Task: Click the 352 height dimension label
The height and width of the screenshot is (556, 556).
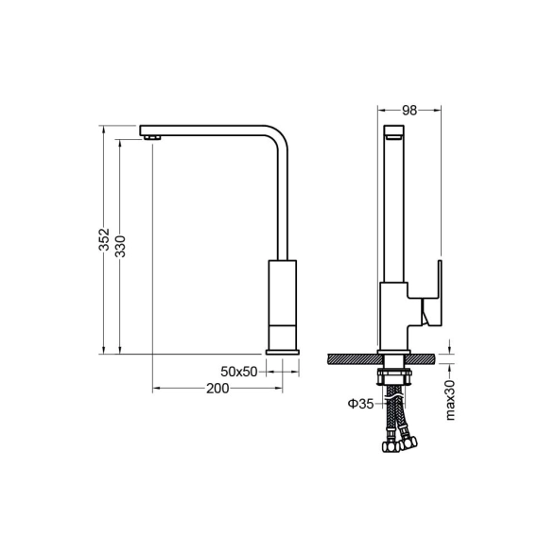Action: click(x=104, y=240)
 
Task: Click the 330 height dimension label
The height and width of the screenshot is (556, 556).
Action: click(x=121, y=246)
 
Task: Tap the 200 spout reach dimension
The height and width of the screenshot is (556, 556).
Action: click(x=217, y=389)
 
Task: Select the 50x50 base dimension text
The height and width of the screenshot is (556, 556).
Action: click(x=238, y=372)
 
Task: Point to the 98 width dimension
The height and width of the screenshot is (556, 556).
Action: click(x=409, y=111)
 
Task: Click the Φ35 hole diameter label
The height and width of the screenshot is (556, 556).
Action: click(x=360, y=404)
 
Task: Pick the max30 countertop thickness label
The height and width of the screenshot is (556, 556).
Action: click(x=450, y=400)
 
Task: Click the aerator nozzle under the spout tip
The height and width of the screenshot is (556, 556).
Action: click(x=152, y=138)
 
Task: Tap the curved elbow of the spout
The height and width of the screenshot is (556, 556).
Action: click(x=278, y=136)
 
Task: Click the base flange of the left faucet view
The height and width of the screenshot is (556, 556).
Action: click(x=282, y=352)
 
